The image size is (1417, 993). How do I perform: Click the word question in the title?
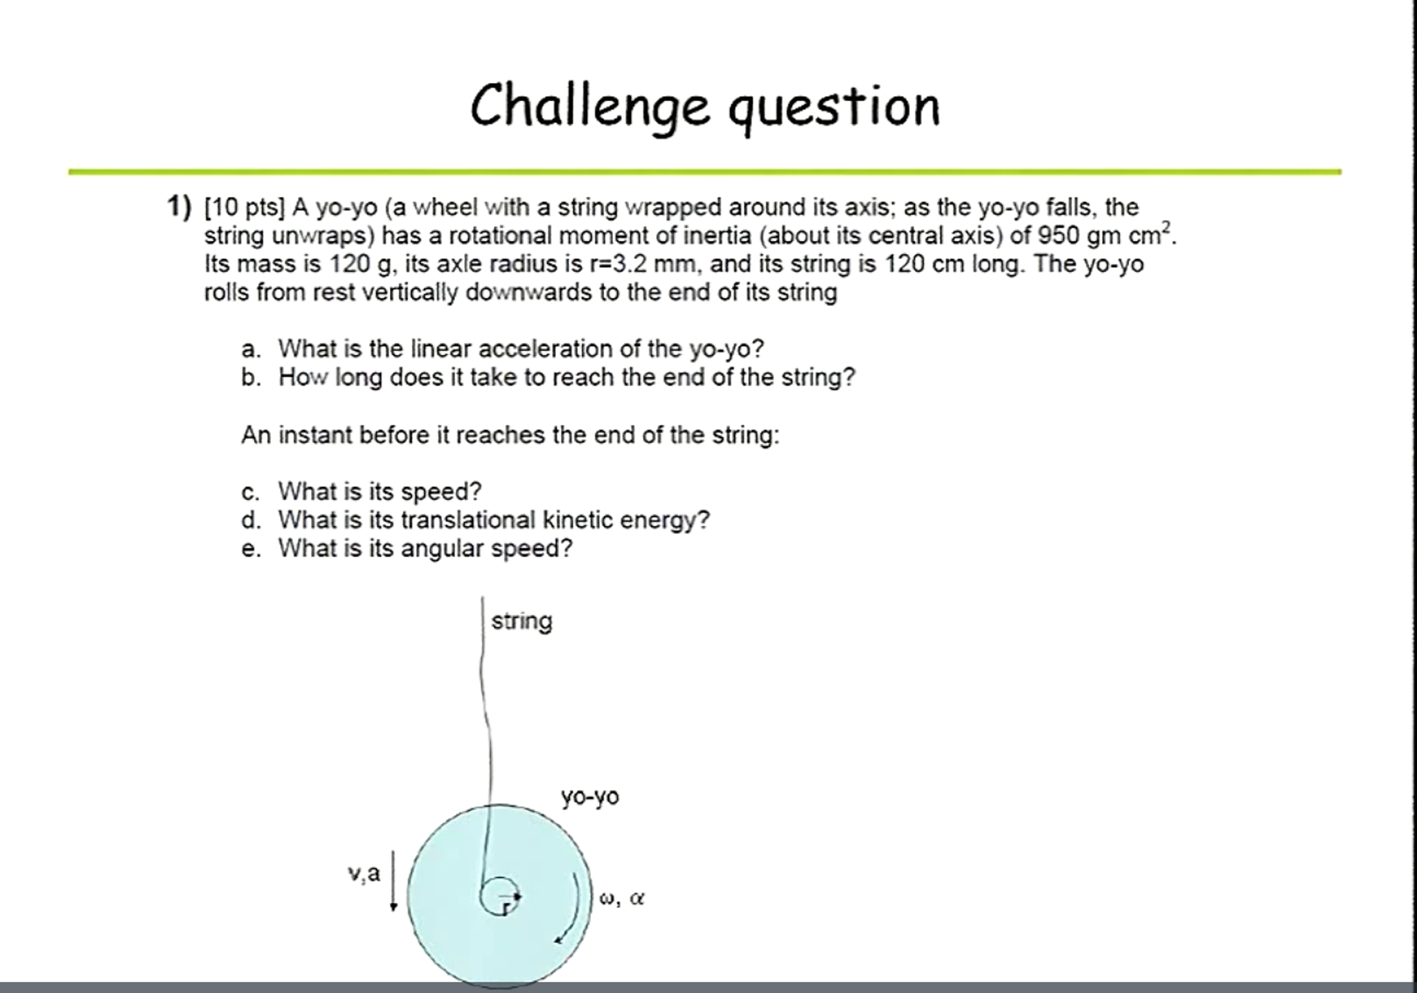(x=834, y=107)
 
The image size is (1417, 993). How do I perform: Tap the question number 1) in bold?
(x=179, y=206)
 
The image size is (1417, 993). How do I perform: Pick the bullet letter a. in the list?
(x=251, y=349)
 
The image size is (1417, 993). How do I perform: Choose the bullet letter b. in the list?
(x=251, y=377)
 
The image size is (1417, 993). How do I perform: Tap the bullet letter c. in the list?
(x=251, y=492)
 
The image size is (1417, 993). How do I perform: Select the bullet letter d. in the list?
(x=251, y=520)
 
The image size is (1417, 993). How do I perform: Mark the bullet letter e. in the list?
(x=251, y=548)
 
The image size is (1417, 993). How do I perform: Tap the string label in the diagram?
(x=522, y=621)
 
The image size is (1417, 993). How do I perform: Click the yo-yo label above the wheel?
(x=590, y=796)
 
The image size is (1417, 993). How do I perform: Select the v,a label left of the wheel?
(x=364, y=874)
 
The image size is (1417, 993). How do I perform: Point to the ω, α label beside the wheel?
(x=622, y=899)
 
